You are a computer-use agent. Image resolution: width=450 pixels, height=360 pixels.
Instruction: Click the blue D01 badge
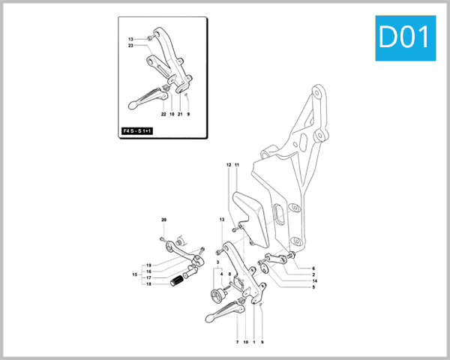406,38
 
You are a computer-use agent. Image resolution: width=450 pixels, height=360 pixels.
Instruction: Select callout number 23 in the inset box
130,46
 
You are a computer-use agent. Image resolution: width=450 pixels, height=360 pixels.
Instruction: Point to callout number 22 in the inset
163,115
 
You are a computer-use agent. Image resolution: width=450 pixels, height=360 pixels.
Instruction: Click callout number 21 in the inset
180,115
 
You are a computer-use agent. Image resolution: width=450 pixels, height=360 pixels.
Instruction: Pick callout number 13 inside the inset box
130,39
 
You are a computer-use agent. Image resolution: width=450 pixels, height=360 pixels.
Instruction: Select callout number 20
163,219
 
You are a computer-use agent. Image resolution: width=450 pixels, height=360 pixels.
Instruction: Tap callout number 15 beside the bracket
135,274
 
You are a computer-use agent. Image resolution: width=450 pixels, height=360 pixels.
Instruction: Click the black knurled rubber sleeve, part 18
178,282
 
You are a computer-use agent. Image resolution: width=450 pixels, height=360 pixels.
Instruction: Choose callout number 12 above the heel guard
229,164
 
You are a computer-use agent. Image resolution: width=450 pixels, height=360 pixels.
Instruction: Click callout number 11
236,164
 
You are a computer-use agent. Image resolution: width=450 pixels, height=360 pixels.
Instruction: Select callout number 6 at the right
313,268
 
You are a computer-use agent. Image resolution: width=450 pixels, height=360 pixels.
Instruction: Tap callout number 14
313,280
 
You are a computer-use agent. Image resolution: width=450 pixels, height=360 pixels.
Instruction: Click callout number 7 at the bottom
237,342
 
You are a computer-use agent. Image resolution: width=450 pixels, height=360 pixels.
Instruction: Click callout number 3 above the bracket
218,262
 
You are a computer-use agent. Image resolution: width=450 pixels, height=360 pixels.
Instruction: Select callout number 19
148,265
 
